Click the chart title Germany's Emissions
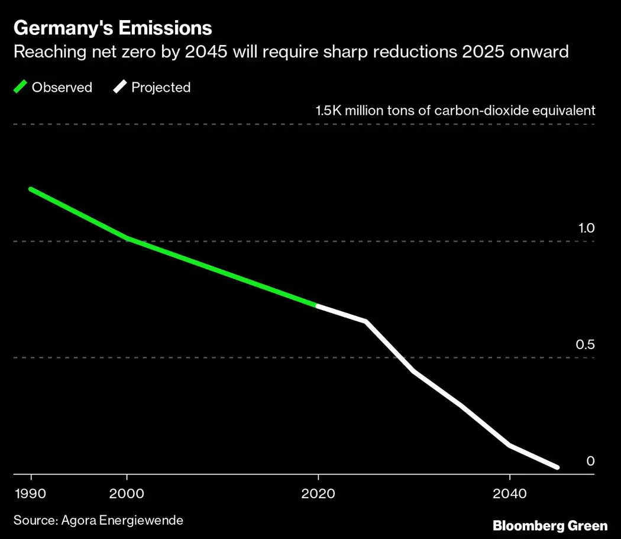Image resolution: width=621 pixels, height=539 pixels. point(112,28)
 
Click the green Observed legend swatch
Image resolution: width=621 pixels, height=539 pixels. point(21,88)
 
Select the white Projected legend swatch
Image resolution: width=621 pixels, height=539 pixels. point(120,88)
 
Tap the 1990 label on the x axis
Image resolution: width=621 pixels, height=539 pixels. point(31,493)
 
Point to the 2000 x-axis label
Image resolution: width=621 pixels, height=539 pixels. point(127,493)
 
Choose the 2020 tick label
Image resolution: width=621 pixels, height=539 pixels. point(318,493)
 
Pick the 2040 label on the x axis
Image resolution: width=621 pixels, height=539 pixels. point(509,493)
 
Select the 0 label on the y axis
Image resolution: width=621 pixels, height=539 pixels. point(590,461)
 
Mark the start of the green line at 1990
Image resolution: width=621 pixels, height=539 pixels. point(31,189)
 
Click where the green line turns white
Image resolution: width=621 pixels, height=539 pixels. point(318,305)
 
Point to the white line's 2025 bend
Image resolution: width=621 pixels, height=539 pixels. point(366,321)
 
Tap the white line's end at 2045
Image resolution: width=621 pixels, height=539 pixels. point(557,467)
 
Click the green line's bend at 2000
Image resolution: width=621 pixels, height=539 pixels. point(127,238)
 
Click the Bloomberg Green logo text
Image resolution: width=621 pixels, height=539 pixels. point(550,525)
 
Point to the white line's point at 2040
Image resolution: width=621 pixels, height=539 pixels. point(509,445)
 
